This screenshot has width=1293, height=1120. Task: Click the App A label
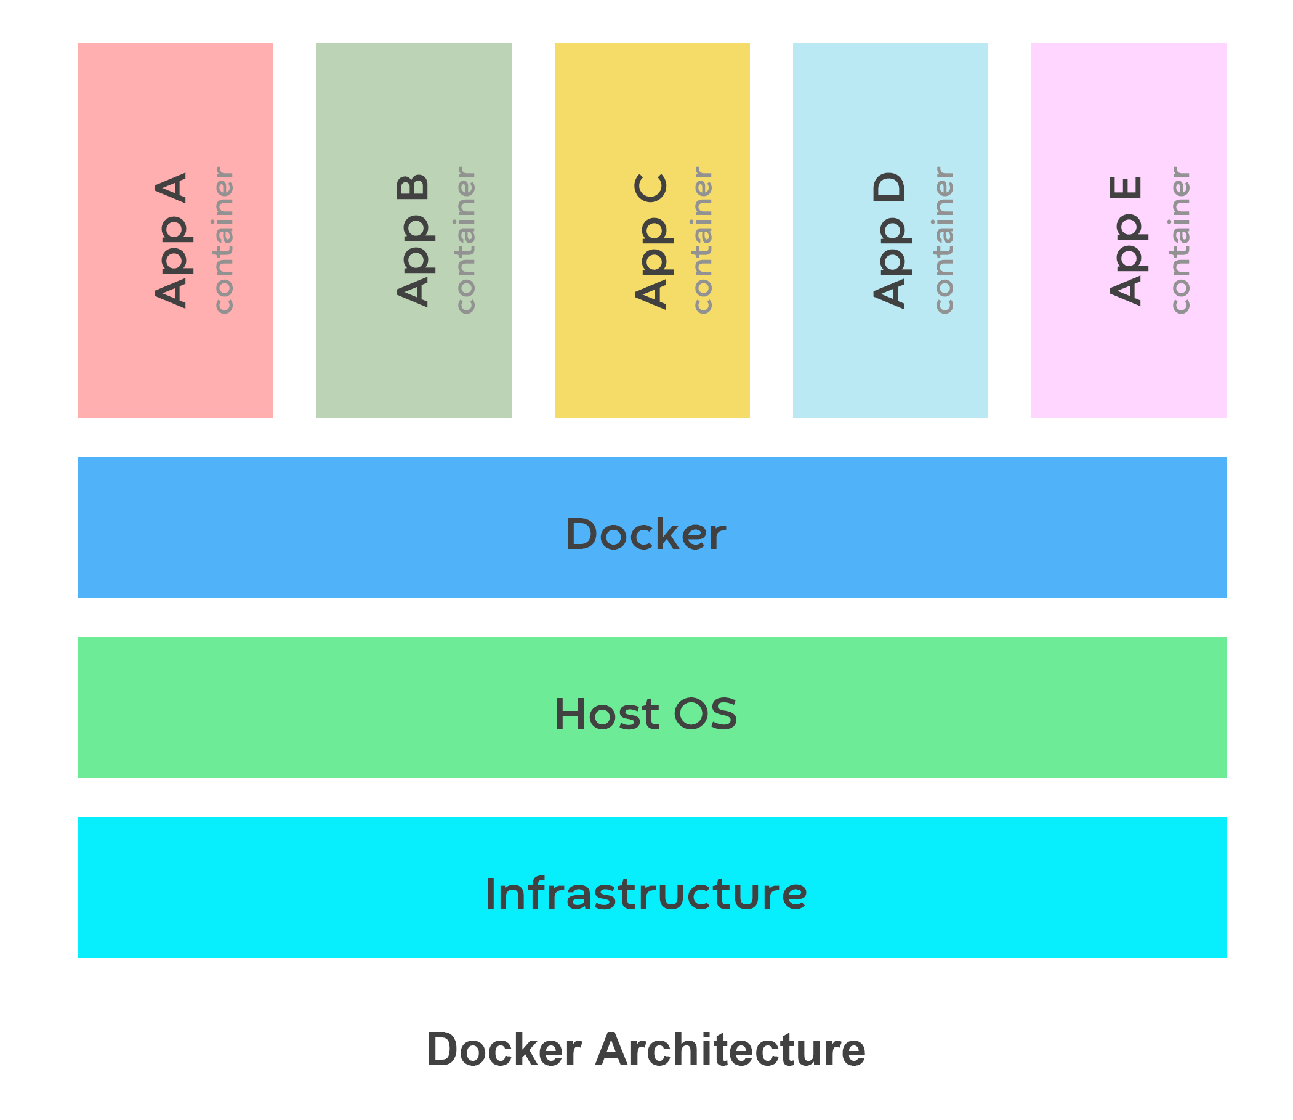171,241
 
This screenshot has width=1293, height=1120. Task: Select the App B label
413,241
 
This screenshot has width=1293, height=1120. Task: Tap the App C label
651,241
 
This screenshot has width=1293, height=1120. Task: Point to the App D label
890,241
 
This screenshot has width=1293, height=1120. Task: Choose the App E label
1126,241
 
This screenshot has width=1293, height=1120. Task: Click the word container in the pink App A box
223,241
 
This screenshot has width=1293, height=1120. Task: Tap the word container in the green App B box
465,241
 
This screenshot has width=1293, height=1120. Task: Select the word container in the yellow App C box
703,241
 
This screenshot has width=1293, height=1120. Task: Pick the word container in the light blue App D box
944,241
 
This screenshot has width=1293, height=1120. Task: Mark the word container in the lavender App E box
1180,241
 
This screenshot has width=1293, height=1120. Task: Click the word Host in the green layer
606,715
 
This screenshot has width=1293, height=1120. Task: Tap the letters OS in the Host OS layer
705,715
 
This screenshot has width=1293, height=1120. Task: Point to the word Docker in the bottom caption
504,1049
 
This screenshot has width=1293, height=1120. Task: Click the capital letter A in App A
171,188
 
